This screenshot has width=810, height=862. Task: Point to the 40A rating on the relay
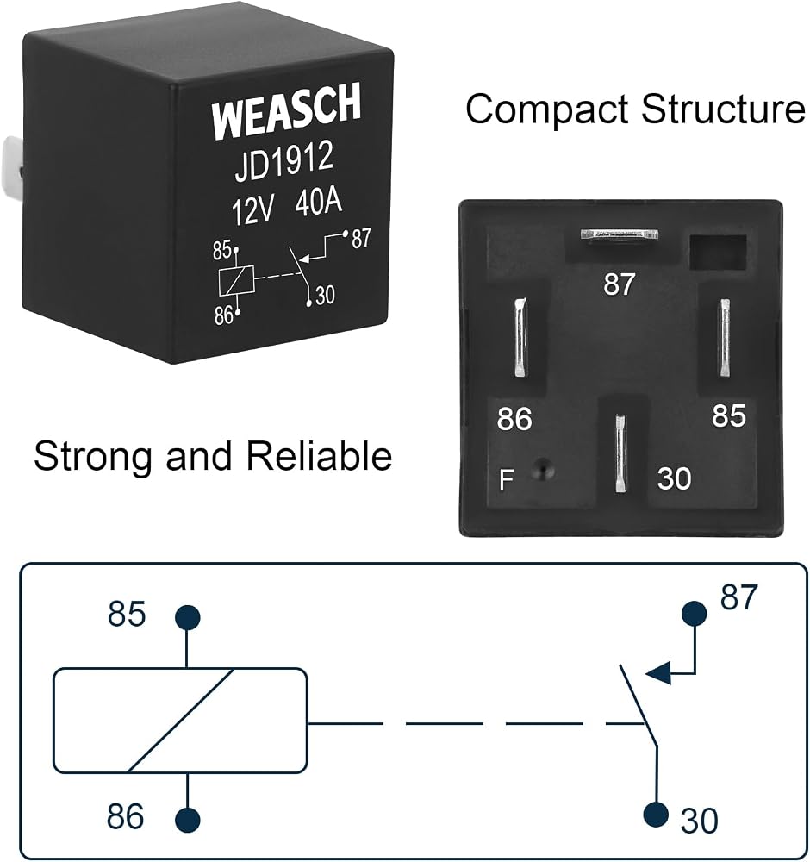[x=318, y=202]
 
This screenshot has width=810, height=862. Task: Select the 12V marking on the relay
[x=252, y=209]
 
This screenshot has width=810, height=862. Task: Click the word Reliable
[x=319, y=456]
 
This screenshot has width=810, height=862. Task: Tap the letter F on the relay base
[x=506, y=479]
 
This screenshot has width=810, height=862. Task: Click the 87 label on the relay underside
[x=620, y=284]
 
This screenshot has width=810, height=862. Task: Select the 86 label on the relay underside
[x=514, y=419]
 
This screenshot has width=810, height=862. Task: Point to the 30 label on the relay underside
[x=674, y=478]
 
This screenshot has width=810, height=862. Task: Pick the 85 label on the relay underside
[x=729, y=416]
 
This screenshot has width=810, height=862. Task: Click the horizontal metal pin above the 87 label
[x=620, y=234]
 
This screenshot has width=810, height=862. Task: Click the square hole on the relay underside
[x=718, y=253]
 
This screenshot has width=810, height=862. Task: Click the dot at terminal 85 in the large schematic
[x=187, y=617]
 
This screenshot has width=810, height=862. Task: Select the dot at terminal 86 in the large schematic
[x=187, y=819]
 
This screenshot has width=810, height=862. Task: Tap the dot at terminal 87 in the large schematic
[x=694, y=613]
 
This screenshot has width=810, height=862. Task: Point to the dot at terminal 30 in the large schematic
[x=656, y=814]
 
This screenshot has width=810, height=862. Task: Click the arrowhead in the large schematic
[x=658, y=673]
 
